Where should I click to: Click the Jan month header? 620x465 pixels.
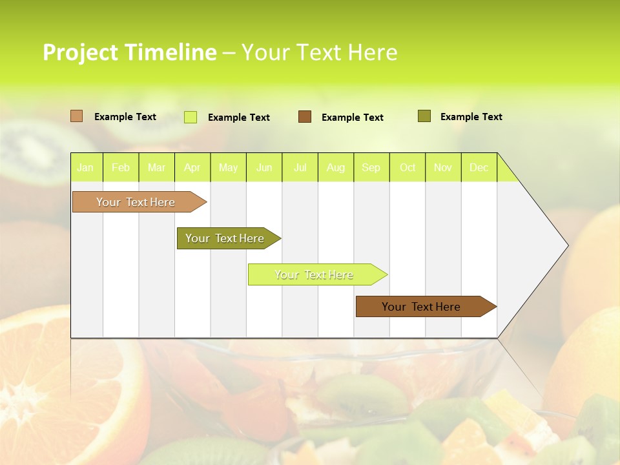85,167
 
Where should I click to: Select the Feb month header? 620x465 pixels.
121,167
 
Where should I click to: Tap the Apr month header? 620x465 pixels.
192,167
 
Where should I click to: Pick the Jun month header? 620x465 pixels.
264,167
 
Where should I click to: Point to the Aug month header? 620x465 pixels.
335,167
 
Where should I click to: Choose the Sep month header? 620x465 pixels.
371,167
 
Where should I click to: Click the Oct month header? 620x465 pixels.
408,167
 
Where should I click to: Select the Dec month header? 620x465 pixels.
479,167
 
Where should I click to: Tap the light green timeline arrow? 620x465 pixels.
315,274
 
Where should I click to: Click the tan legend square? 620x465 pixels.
76,116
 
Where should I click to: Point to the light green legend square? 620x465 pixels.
190,117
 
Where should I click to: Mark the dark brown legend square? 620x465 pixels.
305,117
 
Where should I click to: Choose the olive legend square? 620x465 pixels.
424,116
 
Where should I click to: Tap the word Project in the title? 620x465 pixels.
80,52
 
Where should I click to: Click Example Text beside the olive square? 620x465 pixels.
471,117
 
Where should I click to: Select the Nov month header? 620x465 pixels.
443,167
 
